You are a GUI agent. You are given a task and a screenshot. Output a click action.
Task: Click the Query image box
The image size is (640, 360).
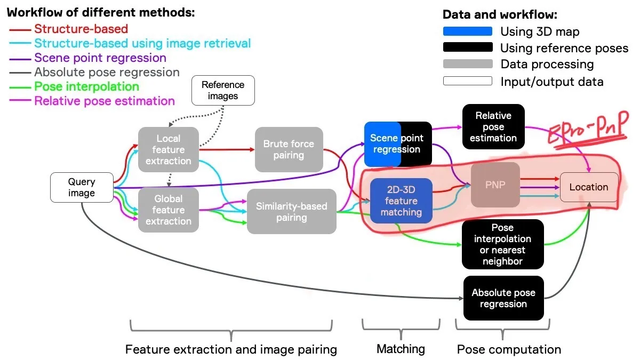tap(81, 188)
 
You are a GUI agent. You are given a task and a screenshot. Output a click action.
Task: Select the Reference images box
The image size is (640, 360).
tap(223, 91)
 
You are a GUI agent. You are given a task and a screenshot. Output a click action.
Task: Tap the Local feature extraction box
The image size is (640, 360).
tap(168, 150)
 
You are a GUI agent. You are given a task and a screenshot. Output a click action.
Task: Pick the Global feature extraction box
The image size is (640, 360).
tap(168, 210)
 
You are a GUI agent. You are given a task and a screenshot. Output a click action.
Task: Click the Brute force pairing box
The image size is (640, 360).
tap(289, 149)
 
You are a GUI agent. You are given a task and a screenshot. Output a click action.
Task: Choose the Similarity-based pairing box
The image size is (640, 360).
tap(291, 212)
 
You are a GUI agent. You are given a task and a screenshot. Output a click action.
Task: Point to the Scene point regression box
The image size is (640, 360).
tap(397, 144)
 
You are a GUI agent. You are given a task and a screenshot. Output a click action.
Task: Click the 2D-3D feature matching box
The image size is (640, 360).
tap(401, 201)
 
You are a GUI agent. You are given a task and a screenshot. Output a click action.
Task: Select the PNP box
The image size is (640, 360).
tap(495, 185)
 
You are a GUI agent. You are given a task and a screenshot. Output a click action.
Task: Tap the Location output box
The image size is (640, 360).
tap(589, 187)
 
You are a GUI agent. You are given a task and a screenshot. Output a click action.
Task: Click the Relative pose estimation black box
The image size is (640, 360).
tap(493, 127)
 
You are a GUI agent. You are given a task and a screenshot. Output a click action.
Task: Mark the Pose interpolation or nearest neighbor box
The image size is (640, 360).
tap(502, 244)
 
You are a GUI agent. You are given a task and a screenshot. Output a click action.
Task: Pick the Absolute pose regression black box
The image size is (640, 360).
tap(503, 298)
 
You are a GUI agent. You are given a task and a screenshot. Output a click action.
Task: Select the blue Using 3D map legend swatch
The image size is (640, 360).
tap(467, 31)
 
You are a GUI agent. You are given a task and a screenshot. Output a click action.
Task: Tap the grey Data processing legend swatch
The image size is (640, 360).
tap(467, 65)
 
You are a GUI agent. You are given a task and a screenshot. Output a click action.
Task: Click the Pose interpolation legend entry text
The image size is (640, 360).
tap(86, 86)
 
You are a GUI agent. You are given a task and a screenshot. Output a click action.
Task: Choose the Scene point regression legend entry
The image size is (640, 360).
tap(100, 58)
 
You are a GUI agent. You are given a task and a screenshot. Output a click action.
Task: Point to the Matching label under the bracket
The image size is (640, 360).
tap(401, 349)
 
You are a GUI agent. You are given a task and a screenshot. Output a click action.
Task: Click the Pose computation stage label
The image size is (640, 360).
tap(509, 350)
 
